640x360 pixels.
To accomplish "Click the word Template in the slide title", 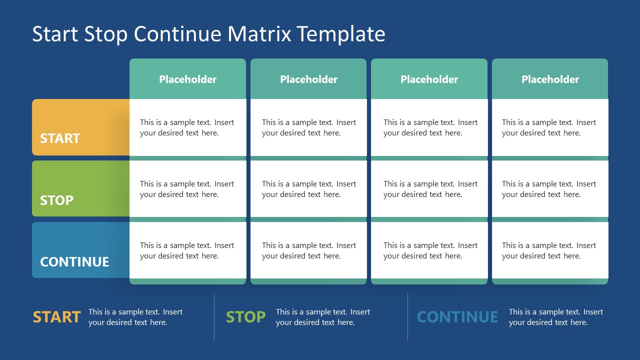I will [340, 34].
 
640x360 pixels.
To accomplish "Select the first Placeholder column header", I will [187, 79].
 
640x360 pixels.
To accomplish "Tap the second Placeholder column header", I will [308, 79].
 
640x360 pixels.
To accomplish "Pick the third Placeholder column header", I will [429, 79].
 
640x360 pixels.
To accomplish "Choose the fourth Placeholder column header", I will [550, 79].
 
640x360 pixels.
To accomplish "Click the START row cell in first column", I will [187, 127].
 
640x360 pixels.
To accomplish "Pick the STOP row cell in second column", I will [308, 189].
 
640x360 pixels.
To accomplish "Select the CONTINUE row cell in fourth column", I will [550, 250].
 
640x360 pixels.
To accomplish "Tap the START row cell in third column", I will [429, 127].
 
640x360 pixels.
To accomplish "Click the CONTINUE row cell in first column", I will [187, 250].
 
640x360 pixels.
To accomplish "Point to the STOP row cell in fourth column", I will [550, 189].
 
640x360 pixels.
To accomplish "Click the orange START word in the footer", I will [56, 317].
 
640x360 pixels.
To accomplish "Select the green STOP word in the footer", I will [245, 317].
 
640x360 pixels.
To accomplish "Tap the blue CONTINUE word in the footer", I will [457, 317].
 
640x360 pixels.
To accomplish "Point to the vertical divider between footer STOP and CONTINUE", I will [407, 317].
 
